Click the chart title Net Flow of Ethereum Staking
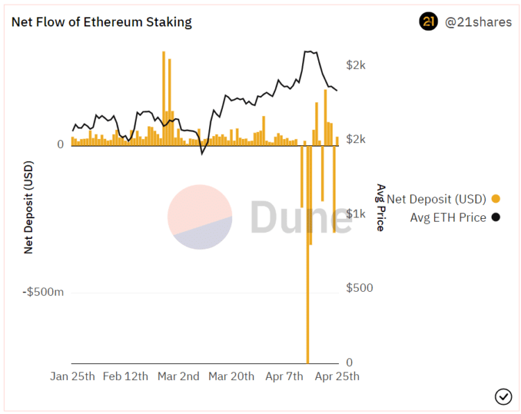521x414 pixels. coord(101,22)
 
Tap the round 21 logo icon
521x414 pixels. coord(429,22)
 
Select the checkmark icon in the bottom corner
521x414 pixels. coord(503,397)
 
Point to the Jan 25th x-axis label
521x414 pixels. coord(72,376)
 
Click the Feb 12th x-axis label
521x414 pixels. coord(125,376)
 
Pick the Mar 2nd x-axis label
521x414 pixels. coord(179,376)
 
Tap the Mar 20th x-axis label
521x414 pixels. coord(231,376)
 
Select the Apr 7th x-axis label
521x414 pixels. coord(285,376)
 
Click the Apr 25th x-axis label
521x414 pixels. coord(337,376)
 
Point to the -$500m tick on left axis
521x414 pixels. coord(44,292)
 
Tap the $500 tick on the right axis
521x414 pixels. coord(359,288)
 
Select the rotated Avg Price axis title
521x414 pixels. coord(381,207)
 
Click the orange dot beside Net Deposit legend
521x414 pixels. coord(495,199)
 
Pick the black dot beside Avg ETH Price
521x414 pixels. coord(495,217)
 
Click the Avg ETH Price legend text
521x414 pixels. coord(448,217)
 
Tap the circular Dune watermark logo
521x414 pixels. coord(199,217)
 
